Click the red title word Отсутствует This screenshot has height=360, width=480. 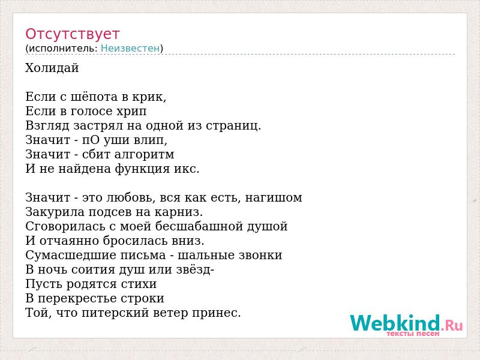click(72, 34)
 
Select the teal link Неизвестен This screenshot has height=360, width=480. click(130, 49)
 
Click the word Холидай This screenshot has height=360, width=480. click(52, 68)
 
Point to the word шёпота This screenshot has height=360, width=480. click(94, 97)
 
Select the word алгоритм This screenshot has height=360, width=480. click(144, 155)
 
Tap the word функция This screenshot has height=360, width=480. click(142, 169)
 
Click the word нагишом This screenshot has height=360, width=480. click(274, 198)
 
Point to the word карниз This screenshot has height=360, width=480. click(178, 212)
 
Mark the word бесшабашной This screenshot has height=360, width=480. click(199, 227)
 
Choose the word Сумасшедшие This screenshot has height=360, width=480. click(70, 256)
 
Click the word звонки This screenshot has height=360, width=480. click(260, 256)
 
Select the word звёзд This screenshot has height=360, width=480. click(194, 269)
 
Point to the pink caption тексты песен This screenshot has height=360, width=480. click(413, 334)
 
